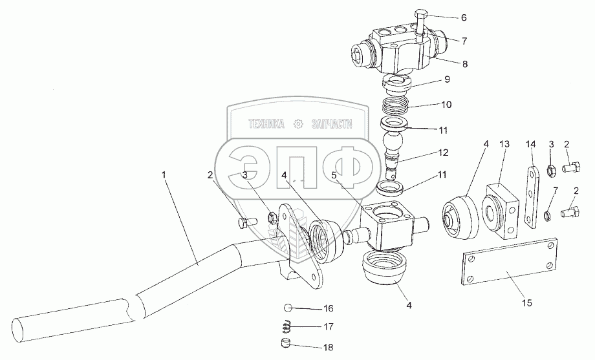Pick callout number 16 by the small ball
329,308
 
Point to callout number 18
329,347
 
